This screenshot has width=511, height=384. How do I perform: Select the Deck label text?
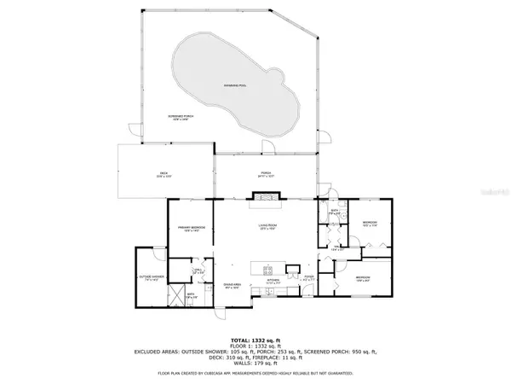[166, 175]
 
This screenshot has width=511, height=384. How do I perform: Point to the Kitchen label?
[274, 280]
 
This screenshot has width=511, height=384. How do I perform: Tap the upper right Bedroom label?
[369, 224]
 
